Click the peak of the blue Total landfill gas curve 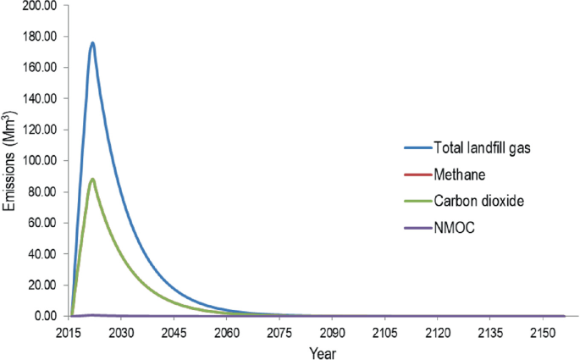[x=92, y=43]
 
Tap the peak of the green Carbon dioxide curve [x=92, y=179]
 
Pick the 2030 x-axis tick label [x=121, y=331]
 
